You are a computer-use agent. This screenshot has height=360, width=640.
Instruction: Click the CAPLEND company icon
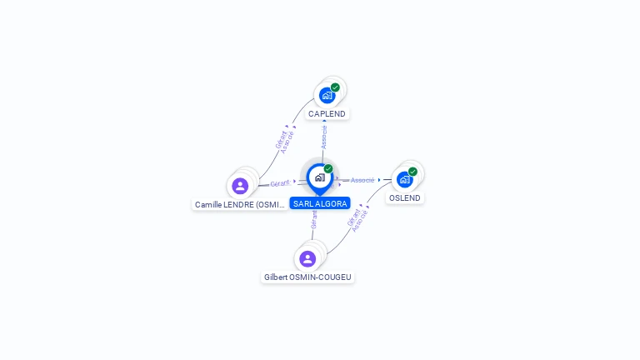[x=327, y=95]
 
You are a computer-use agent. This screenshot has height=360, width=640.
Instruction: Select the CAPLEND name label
[x=327, y=113]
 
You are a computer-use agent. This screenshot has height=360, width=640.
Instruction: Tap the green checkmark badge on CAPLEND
[x=335, y=87]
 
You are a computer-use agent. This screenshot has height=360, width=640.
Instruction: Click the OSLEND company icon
[x=404, y=179]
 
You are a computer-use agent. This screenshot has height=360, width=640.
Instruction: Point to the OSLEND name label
[x=405, y=198]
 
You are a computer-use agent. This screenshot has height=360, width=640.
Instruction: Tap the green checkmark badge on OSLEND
[x=412, y=172]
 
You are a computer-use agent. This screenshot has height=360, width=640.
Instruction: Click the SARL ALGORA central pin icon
[x=319, y=177]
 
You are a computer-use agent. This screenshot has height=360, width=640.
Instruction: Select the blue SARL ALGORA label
[x=320, y=203]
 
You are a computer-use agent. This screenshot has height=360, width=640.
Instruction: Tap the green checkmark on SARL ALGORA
[x=328, y=169]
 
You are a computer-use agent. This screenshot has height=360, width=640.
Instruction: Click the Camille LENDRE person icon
[x=240, y=186]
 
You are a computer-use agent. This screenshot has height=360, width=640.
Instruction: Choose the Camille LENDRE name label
[x=240, y=204]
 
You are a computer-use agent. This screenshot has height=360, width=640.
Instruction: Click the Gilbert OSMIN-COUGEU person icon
[x=307, y=258]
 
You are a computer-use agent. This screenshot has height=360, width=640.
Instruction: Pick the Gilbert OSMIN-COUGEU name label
[x=307, y=277]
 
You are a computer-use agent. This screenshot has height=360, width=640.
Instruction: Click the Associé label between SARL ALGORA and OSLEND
[x=362, y=180]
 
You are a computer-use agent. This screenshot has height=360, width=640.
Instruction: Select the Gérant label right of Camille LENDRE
[x=280, y=183]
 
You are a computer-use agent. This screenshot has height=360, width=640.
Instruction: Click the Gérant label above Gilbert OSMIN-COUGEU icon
[x=314, y=219]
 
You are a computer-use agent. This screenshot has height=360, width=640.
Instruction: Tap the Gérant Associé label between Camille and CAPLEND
[x=285, y=140]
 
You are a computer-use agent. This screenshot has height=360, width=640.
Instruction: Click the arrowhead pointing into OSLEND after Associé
[x=379, y=180]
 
